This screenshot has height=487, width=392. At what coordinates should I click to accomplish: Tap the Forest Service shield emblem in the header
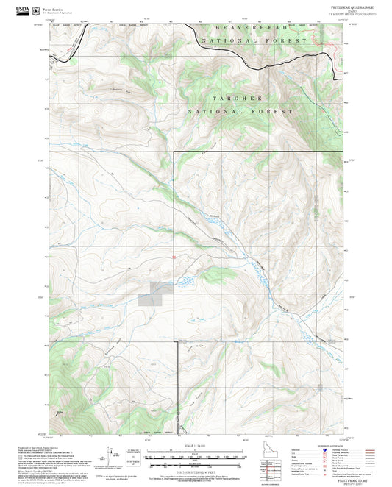point(37,11)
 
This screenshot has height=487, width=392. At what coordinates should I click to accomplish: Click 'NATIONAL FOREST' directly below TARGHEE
point(240,111)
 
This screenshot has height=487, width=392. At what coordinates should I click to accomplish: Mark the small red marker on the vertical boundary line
point(174,257)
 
